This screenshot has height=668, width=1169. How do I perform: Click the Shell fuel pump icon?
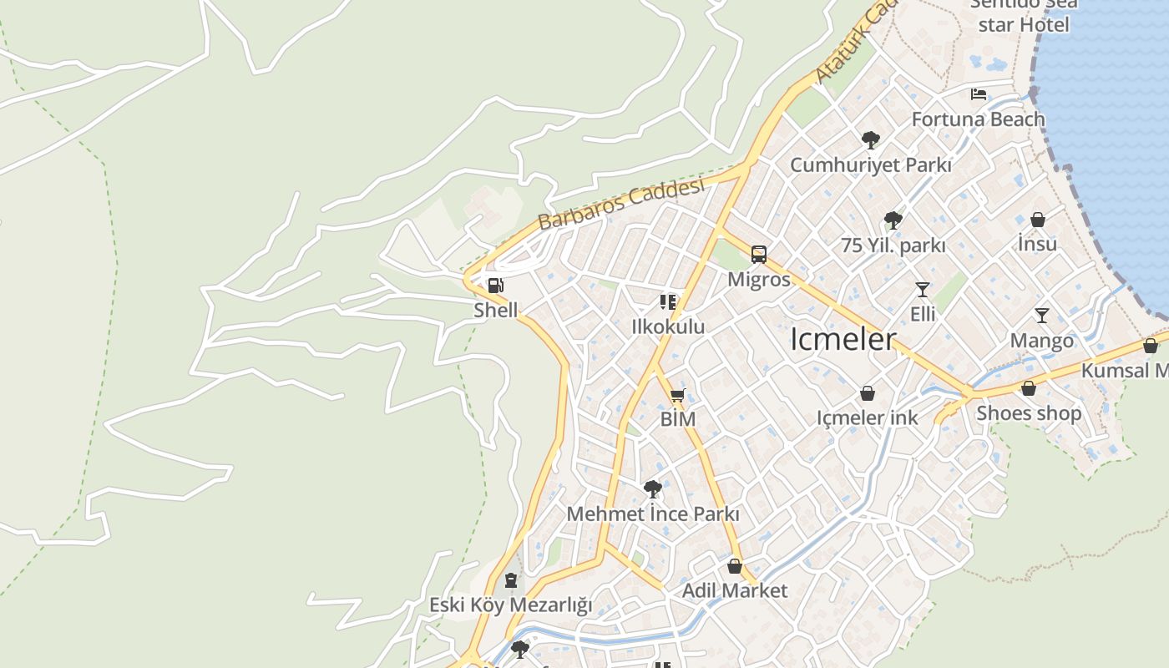pyautogui.click(x=495, y=286)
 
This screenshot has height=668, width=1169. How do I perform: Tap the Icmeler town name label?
pyautogui.click(x=843, y=340)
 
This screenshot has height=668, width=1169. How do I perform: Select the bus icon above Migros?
pyautogui.click(x=758, y=254)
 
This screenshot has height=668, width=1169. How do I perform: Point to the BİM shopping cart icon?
pyautogui.click(x=677, y=395)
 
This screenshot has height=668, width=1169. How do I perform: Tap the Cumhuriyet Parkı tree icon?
pyautogui.click(x=870, y=139)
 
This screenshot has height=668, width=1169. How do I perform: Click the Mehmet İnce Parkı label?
pyautogui.click(x=653, y=514)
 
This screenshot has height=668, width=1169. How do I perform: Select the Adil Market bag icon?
pyautogui.click(x=735, y=566)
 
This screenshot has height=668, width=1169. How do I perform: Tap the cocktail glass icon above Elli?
pyautogui.click(x=922, y=289)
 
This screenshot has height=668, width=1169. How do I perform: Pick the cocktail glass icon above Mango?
pyautogui.click(x=1041, y=315)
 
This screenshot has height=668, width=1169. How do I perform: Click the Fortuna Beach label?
pyautogui.click(x=978, y=119)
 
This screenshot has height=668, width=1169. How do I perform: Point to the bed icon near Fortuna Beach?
pyautogui.click(x=979, y=94)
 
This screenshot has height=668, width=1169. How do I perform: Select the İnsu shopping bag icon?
pyautogui.click(x=1037, y=220)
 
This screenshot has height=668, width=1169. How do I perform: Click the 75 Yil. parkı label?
pyautogui.click(x=893, y=245)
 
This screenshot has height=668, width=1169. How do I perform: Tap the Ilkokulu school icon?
pyautogui.click(x=667, y=301)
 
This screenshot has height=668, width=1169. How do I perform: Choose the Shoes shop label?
pyautogui.click(x=1028, y=412)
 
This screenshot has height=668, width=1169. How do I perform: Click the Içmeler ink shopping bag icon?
pyautogui.click(x=868, y=393)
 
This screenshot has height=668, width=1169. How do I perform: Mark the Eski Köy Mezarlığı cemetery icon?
pyautogui.click(x=511, y=580)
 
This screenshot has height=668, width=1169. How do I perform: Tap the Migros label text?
pyautogui.click(x=758, y=279)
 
